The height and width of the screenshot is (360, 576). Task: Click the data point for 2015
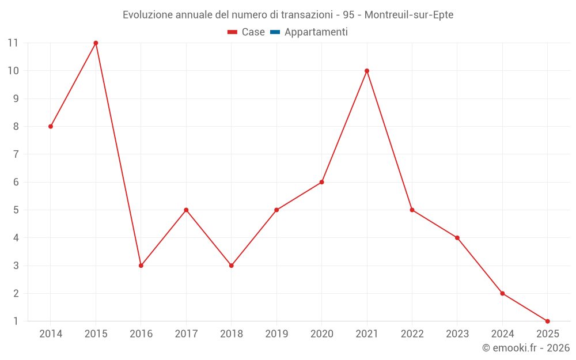point(96,43)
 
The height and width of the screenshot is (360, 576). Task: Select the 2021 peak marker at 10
point(367,71)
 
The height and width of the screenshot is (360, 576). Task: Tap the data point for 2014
point(51,126)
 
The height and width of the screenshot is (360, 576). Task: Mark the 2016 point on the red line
point(141,266)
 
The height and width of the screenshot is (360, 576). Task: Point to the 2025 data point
point(547,321)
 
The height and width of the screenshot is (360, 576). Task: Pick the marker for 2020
point(321,182)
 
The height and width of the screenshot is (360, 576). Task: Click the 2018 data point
point(232,266)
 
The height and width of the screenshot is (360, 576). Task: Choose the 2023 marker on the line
point(457,238)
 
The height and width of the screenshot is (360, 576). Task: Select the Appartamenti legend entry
point(316,32)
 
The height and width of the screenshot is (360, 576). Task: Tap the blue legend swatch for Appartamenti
point(275,32)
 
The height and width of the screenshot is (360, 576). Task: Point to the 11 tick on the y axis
point(13,43)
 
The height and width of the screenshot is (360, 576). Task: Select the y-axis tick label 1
point(16,321)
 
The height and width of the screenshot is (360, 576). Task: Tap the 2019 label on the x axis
point(276,334)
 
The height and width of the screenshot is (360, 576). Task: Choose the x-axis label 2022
point(412,334)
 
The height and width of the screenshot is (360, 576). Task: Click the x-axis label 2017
point(186,334)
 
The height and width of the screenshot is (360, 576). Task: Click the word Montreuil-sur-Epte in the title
point(409,15)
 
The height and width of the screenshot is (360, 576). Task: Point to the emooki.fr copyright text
point(526,348)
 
